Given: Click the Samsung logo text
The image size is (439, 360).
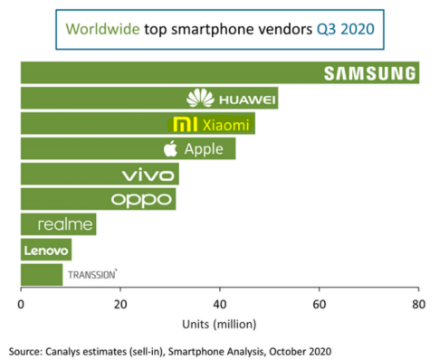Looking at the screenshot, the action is pyautogui.click(x=369, y=73).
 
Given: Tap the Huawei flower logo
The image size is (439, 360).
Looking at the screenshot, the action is pyautogui.click(x=200, y=98).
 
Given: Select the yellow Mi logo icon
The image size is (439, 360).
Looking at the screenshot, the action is pyautogui.click(x=186, y=125).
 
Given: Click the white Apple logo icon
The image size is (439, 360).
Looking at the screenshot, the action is pyautogui.click(x=170, y=148).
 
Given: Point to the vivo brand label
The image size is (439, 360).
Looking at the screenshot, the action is pyautogui.click(x=148, y=175).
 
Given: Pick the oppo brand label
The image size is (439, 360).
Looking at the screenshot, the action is pyautogui.click(x=141, y=200).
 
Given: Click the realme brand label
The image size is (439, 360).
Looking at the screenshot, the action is pyautogui.click(x=65, y=224).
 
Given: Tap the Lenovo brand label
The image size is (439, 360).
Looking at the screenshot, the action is pyautogui.click(x=46, y=251).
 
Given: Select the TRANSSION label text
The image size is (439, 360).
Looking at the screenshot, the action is pyautogui.click(x=92, y=274).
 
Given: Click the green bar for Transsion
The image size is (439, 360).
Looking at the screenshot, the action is pyautogui.click(x=42, y=275).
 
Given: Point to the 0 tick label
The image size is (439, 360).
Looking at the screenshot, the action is pyautogui.click(x=21, y=305).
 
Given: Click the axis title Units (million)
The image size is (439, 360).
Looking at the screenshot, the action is pyautogui.click(x=219, y=325).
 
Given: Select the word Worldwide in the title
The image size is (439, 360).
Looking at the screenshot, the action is pyautogui.click(x=102, y=29).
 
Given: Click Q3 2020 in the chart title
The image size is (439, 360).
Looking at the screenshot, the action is pyautogui.click(x=346, y=29).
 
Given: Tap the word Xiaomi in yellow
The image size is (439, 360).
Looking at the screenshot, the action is pyautogui.click(x=225, y=125).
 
